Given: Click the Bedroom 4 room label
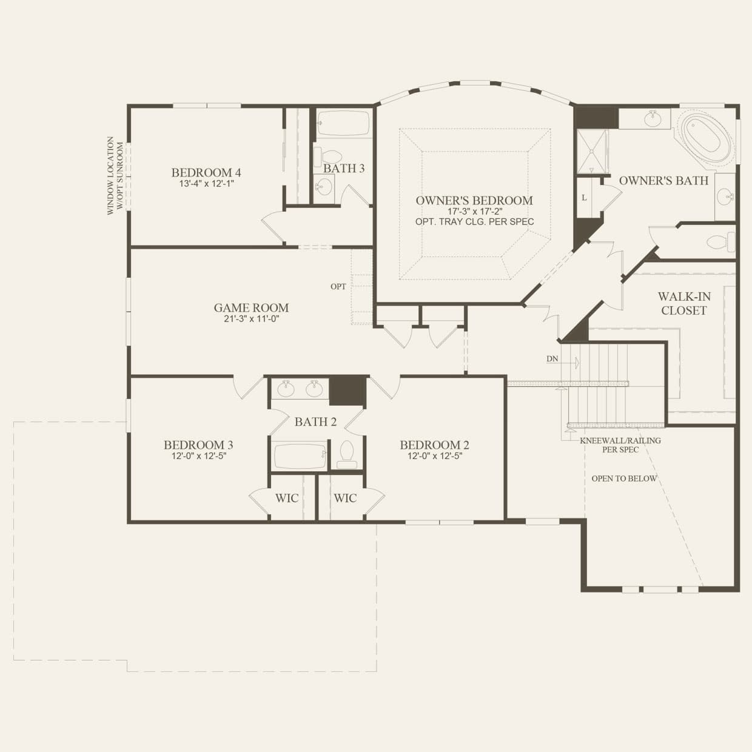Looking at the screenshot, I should (206, 172).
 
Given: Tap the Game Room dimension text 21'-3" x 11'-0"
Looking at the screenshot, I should (251, 319).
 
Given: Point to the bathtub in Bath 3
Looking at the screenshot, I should (343, 123).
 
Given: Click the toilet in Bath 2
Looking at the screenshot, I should (346, 454).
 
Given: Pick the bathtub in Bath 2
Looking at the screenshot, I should (300, 456).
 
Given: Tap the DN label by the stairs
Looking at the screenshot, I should (552, 359).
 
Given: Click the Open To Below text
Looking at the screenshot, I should (624, 478).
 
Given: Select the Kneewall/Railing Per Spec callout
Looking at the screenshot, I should (620, 445).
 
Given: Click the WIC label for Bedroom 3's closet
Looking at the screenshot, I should (287, 498).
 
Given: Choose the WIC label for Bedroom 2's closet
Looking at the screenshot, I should (345, 498).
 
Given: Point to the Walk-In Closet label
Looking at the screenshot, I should (684, 303).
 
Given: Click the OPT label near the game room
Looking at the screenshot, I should (338, 286).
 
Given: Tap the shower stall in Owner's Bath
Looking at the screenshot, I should (591, 152).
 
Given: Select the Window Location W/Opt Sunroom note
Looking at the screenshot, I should (115, 176).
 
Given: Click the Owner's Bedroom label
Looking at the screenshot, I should (474, 200).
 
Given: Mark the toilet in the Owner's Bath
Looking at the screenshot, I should (722, 242).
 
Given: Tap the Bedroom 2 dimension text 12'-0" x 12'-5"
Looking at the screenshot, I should (434, 457).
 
